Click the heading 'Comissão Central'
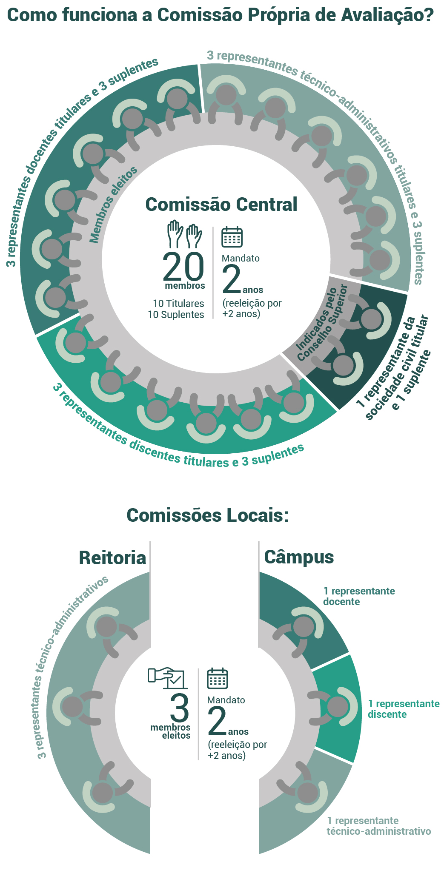[x=221, y=205]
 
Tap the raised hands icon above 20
[x=184, y=234]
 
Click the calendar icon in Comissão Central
[x=232, y=236]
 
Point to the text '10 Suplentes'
[x=176, y=315]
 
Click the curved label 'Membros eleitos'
[x=113, y=205]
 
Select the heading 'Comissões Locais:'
[x=208, y=515]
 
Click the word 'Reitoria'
[x=112, y=558]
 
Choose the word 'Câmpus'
[x=299, y=557]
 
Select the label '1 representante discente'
[x=404, y=709]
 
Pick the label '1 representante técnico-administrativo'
[x=378, y=826]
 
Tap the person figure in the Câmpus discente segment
[x=338, y=706]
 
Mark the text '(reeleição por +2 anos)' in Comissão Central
[x=252, y=309]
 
